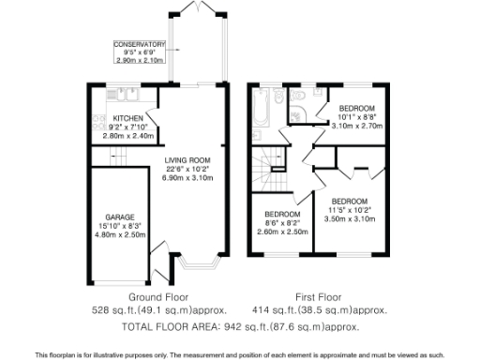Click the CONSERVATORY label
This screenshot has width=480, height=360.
pos(139,44)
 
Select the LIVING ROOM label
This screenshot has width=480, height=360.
pos(187,160)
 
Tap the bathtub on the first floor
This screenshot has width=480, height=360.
pos(262,109)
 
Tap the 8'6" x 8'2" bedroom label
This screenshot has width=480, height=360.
pos(282,223)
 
